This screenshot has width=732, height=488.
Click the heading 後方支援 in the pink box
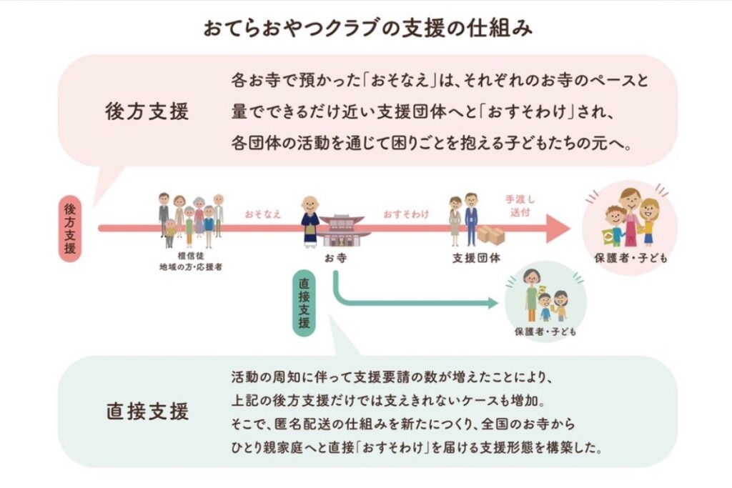coord(147,111)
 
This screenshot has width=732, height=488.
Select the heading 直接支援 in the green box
coord(147,412)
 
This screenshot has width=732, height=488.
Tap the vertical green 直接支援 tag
coord(304,302)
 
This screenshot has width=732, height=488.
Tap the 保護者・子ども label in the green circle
coord(545,332)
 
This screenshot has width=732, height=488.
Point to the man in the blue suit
coord(471,219)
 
